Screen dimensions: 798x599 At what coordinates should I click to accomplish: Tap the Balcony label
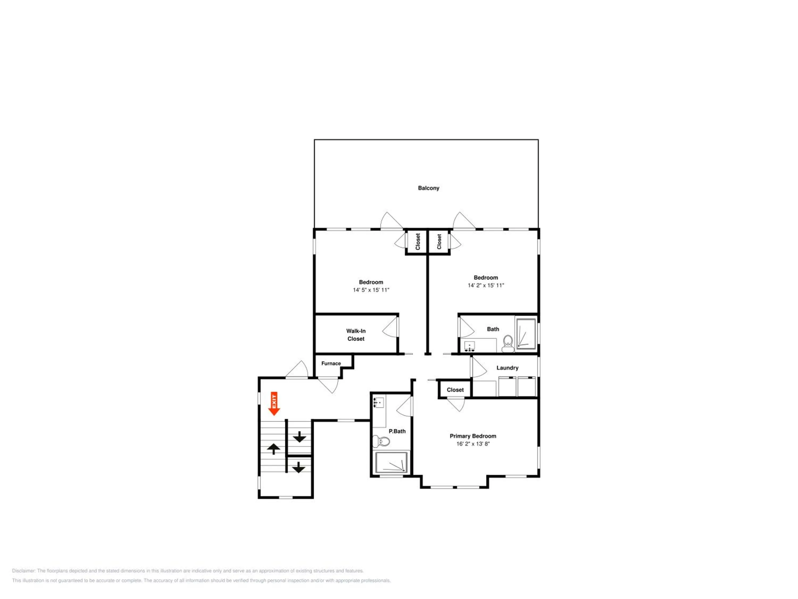pyautogui.click(x=429, y=188)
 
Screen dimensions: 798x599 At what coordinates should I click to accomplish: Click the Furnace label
pyautogui.click(x=331, y=364)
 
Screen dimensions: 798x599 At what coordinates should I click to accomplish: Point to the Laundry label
pyautogui.click(x=507, y=368)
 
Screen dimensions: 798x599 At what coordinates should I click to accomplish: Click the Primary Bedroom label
pyautogui.click(x=473, y=436)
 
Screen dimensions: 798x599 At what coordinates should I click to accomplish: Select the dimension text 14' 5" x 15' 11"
pyautogui.click(x=371, y=290)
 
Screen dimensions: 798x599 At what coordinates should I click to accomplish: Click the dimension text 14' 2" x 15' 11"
pyautogui.click(x=486, y=285)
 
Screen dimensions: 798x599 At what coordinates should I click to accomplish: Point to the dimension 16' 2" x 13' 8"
pyautogui.click(x=473, y=444)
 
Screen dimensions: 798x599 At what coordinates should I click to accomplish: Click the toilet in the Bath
pyautogui.click(x=508, y=343)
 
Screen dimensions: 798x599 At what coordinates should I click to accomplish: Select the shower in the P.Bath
pyautogui.click(x=392, y=462)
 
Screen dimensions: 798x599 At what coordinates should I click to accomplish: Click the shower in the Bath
pyautogui.click(x=526, y=333)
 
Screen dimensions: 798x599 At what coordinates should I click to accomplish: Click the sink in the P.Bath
pyautogui.click(x=379, y=402)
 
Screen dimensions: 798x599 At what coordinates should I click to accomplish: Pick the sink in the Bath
pyautogui.click(x=469, y=347)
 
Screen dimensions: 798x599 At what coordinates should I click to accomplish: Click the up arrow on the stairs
pyautogui.click(x=274, y=449)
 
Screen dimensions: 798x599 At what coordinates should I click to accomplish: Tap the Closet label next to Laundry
pyautogui.click(x=455, y=390)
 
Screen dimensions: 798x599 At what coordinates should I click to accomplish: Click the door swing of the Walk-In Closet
pyautogui.click(x=390, y=326)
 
